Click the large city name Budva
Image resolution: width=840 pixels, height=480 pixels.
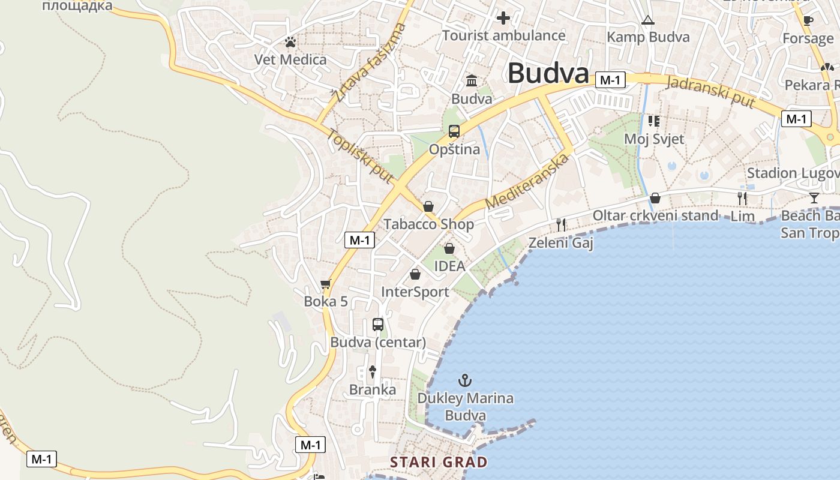pos(548,74)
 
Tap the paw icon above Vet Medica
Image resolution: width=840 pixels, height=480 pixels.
pos(290,42)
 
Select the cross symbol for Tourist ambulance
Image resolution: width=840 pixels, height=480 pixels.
pos(503,18)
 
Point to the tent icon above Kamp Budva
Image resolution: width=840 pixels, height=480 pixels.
pos(647,20)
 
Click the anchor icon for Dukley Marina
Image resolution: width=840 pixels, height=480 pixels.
pos(464,380)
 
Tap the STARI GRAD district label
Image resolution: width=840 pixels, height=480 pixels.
pos(439,462)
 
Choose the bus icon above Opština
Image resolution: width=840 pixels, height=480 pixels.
pos(454,131)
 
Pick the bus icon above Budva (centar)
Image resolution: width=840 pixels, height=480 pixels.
pos(378,325)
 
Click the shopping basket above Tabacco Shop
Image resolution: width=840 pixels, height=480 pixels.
pos(428,207)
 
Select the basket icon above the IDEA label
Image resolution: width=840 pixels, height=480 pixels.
pos(449,248)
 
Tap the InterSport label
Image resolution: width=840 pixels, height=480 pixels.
pos(415,292)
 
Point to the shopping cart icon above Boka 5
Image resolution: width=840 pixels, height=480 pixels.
pos(325,284)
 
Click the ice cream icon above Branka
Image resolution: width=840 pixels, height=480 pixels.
pos(373,372)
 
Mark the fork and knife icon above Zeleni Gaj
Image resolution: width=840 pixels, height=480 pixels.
pos(561,225)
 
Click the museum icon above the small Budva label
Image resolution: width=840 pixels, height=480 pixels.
pos(472,80)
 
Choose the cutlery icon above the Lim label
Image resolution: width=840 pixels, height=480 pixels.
pos(742,198)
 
